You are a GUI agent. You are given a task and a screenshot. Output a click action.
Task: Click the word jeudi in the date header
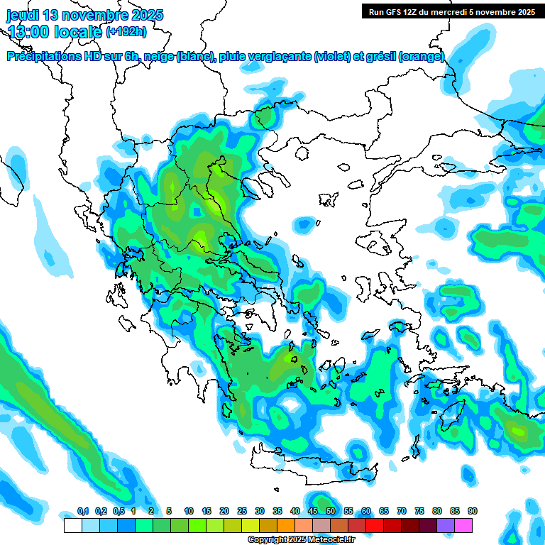tap(23, 15)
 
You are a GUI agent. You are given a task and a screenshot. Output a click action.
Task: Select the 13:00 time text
tap(30, 31)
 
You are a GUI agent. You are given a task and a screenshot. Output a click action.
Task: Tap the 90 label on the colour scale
tap(473, 512)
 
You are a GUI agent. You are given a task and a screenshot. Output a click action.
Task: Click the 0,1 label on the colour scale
tap(82, 512)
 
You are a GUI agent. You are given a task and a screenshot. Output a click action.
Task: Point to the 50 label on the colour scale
tap(331, 512)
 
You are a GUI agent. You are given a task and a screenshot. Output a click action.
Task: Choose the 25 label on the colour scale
tap(242, 512)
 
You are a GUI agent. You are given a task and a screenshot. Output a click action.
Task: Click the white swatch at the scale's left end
tap(72, 525)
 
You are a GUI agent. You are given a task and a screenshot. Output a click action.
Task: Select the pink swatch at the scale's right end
tap(463, 525)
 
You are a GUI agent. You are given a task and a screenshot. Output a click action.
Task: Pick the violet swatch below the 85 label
tap(446, 525)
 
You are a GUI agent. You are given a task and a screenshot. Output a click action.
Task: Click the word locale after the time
tap(79, 31)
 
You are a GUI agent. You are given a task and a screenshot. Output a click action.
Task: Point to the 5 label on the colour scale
tap(169, 512)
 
